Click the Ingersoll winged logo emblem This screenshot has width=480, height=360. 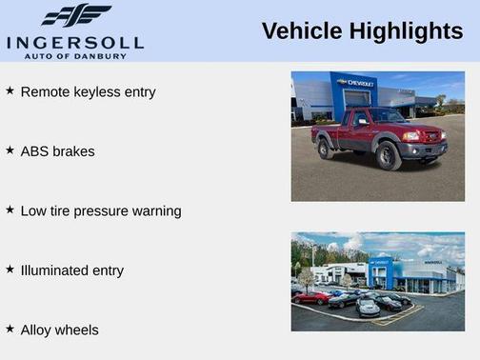point(76,15)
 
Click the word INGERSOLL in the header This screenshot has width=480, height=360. point(75,42)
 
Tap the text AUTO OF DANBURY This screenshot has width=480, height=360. point(75,55)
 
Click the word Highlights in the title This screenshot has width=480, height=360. point(406,31)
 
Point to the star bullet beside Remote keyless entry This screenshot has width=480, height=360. point(10,90)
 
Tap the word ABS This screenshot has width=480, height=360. point(35,151)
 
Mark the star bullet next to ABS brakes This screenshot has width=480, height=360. point(10,150)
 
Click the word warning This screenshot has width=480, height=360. point(156,211)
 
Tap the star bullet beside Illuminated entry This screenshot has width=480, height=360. point(10,269)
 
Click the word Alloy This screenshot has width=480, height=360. point(39,330)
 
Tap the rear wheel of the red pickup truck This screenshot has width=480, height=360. point(326,149)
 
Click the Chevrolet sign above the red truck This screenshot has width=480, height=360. point(357,84)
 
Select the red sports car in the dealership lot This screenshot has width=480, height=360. point(310,297)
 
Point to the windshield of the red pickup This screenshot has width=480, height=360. point(385,116)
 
